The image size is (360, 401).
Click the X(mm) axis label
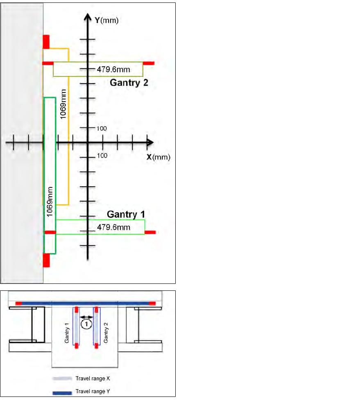(158, 157)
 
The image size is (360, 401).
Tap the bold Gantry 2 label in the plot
(129, 82)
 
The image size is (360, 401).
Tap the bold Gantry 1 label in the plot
(126, 214)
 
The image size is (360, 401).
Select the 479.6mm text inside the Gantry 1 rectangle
(113, 227)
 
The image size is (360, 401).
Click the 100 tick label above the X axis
(101, 128)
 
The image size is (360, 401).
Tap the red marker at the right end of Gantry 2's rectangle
(148, 63)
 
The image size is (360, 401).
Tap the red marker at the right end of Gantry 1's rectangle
(150, 232)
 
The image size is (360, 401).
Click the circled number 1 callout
(86, 325)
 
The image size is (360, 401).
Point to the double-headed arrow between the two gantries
(86, 317)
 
